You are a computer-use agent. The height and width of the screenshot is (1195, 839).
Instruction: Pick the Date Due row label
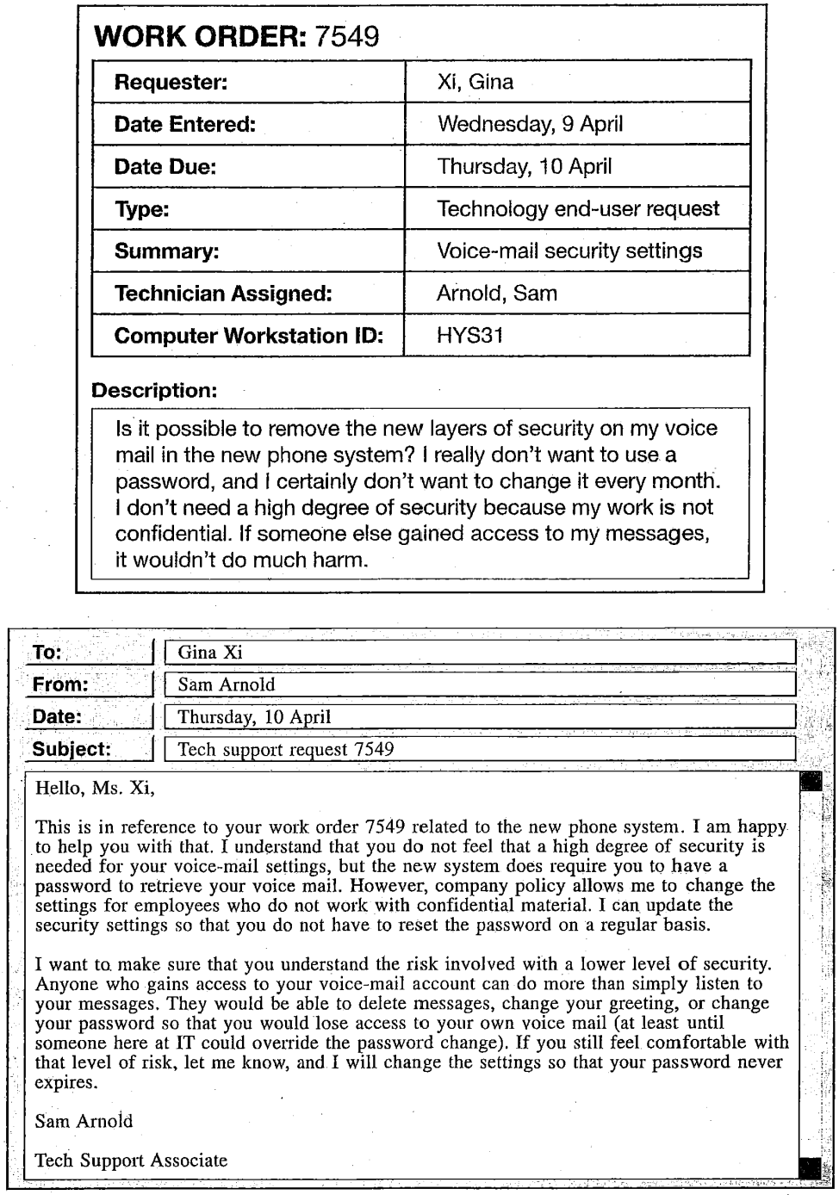165,166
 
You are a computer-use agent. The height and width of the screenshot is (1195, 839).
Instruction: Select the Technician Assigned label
223,293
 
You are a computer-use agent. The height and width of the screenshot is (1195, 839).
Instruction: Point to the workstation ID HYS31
469,335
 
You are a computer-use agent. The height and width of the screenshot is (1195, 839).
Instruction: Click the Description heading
154,390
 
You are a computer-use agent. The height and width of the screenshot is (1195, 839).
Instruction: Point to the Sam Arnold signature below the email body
84,1121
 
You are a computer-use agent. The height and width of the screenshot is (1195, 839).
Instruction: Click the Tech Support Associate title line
131,1160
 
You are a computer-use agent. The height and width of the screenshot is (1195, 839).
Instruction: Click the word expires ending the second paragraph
66,1082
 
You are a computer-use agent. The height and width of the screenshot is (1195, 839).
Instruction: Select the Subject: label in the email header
71,749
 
